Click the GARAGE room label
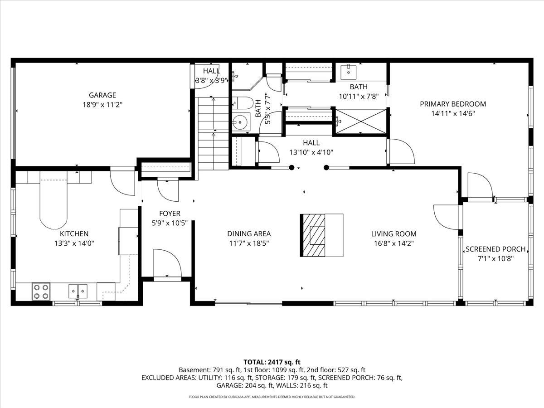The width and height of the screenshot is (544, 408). pyautogui.click(x=102, y=95)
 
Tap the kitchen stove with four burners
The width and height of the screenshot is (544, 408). pyautogui.click(x=41, y=291)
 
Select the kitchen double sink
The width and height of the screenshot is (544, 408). pyautogui.click(x=78, y=290)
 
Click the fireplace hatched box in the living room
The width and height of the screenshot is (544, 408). pyautogui.click(x=314, y=235)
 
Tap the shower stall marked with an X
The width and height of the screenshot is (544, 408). pyautogui.click(x=360, y=121)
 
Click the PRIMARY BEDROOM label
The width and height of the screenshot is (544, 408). pyautogui.click(x=452, y=104)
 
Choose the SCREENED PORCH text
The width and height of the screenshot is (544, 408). pyautogui.click(x=495, y=249)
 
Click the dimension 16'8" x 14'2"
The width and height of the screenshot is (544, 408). pyautogui.click(x=393, y=243)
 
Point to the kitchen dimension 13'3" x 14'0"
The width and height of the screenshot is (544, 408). pyautogui.click(x=74, y=243)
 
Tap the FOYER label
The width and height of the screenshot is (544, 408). pyautogui.click(x=170, y=214)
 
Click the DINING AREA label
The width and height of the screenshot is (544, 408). pyautogui.click(x=249, y=234)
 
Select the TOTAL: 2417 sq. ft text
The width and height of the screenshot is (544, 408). pyautogui.click(x=272, y=362)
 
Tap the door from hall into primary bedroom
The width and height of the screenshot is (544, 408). pyautogui.click(x=401, y=152)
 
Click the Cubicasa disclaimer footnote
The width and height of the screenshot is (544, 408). pyautogui.click(x=272, y=397)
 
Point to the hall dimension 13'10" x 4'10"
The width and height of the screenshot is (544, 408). pyautogui.click(x=311, y=153)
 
